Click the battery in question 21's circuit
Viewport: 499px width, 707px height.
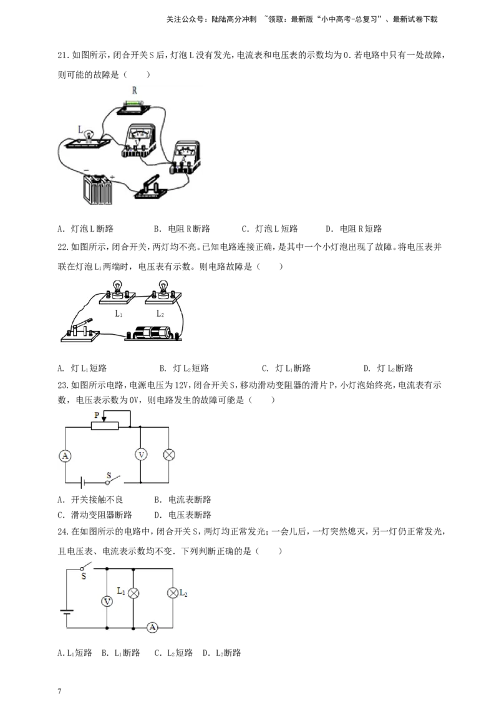97,189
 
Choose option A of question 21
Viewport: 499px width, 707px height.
85,229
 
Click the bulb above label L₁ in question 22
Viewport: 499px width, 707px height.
117,290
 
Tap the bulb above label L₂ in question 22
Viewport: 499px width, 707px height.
163,290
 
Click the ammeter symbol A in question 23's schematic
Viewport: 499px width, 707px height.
65,456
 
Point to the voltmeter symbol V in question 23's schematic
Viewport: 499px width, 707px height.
141,455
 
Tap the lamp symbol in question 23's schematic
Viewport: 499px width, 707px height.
169,455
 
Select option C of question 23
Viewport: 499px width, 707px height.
95,515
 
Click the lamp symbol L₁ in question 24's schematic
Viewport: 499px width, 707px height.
133,593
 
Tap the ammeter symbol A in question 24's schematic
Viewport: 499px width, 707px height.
153,627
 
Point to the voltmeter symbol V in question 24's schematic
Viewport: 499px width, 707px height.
107,601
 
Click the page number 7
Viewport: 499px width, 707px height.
59,691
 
